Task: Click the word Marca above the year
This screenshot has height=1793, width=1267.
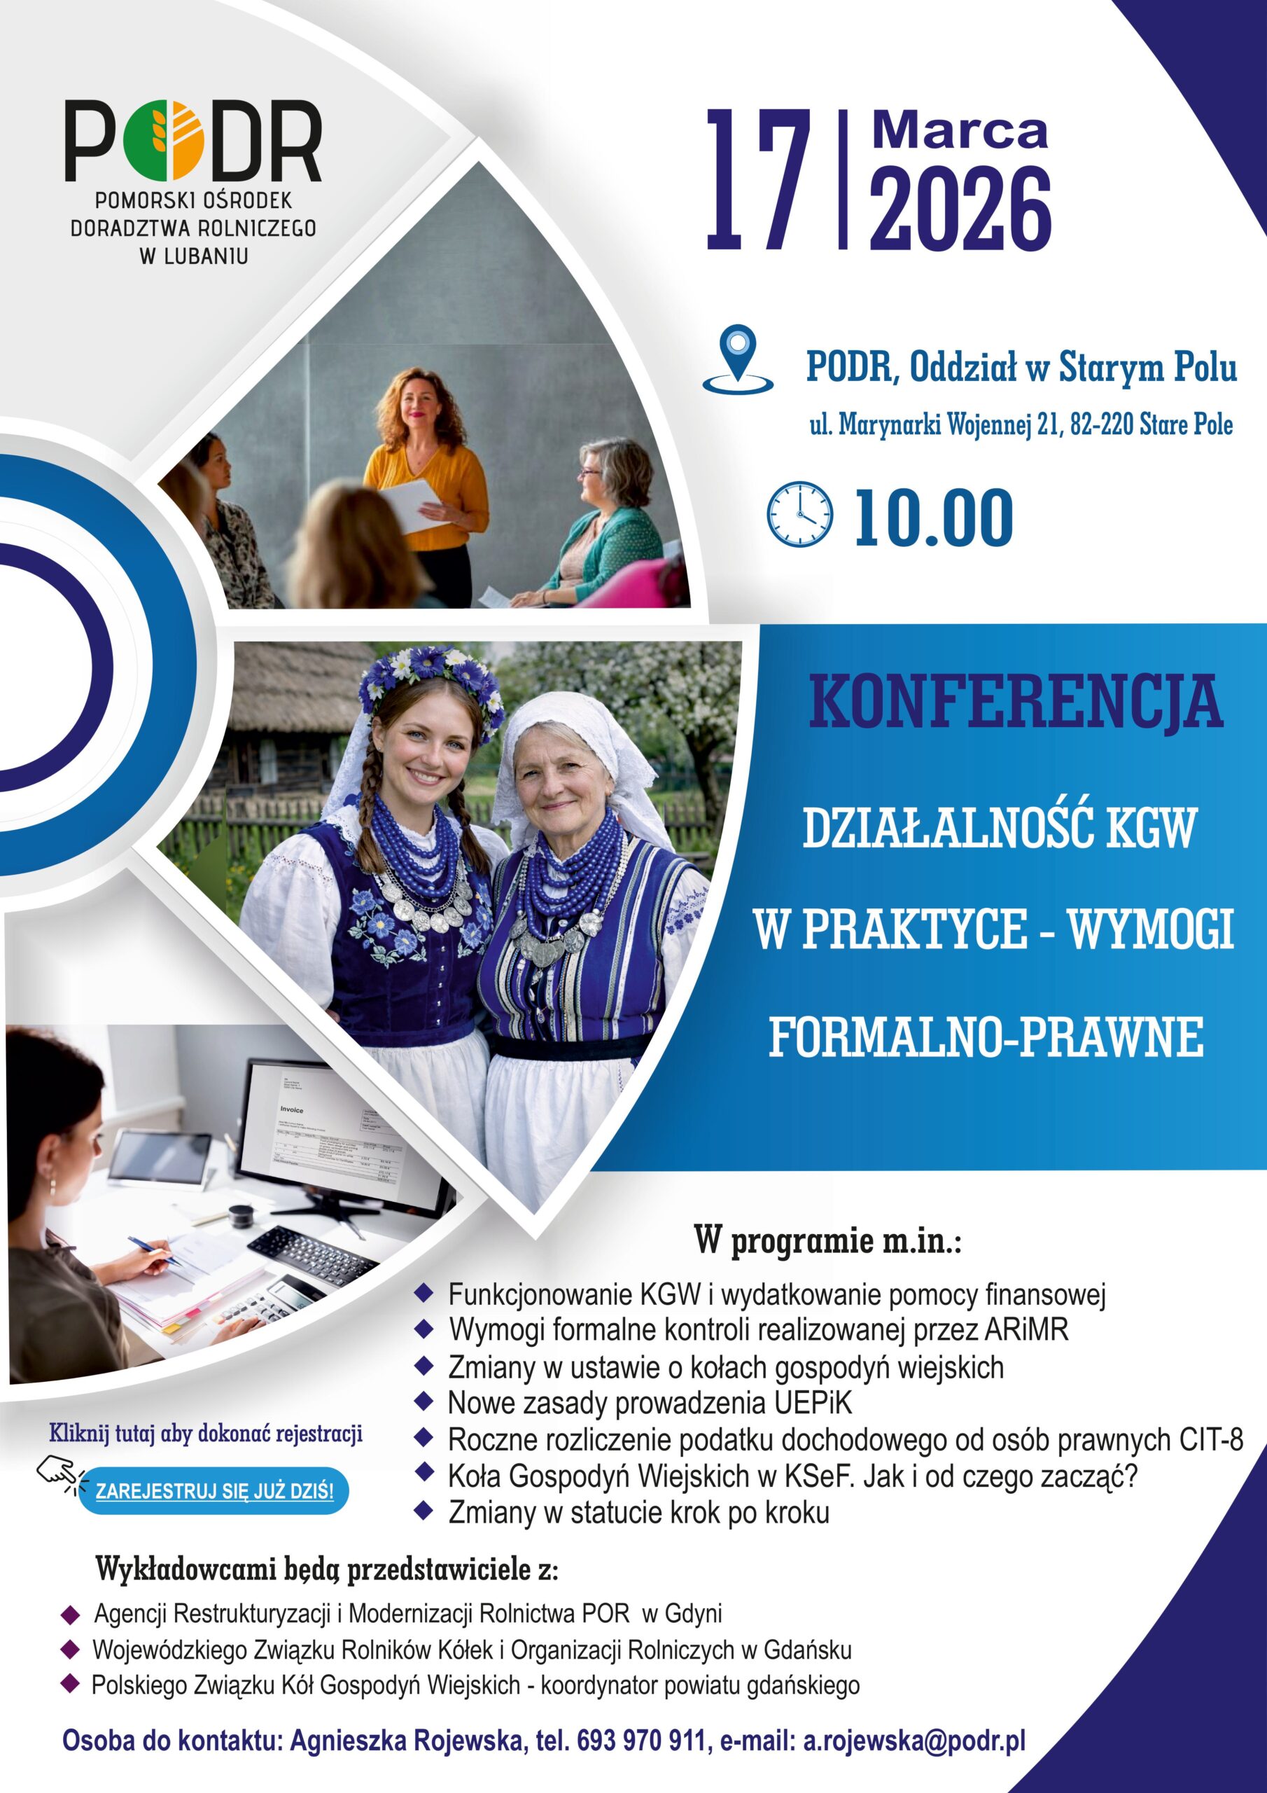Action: pos(960,130)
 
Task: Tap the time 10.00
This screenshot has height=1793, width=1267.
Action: pos(934,517)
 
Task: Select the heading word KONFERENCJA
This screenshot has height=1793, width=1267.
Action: pos(1015,702)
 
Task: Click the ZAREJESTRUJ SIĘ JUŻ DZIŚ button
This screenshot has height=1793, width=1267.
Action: pos(214,1491)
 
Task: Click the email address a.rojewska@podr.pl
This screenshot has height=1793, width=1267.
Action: pos(914,1740)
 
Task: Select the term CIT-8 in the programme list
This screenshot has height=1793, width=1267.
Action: pos(1211,1439)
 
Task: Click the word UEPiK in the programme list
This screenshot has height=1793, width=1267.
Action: pos(813,1404)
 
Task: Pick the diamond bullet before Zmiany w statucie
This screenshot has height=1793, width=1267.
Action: pos(424,1510)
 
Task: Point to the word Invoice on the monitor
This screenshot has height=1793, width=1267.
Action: pos(291,1109)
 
